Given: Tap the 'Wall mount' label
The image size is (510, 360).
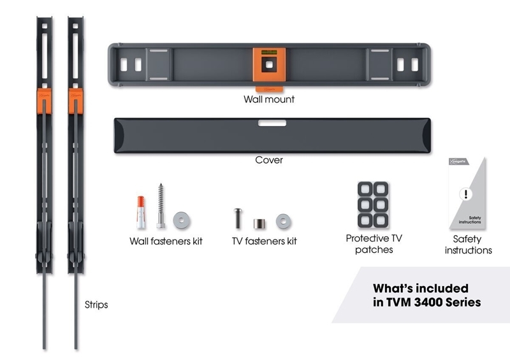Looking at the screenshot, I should pos(268,100).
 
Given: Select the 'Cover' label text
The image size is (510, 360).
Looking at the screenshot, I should pos(268,160).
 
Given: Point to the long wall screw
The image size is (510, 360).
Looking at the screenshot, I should pos(161,208).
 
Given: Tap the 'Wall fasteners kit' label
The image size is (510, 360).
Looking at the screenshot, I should pos(166,242).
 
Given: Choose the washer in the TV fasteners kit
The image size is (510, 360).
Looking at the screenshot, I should pos(282,221).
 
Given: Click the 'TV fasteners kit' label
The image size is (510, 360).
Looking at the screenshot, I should pos(264,242).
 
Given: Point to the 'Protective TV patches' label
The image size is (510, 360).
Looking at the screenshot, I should pos(374,244).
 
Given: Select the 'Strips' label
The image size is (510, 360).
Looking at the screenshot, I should pos(96,305).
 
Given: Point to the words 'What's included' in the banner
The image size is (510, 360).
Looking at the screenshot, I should pos(420,288).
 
